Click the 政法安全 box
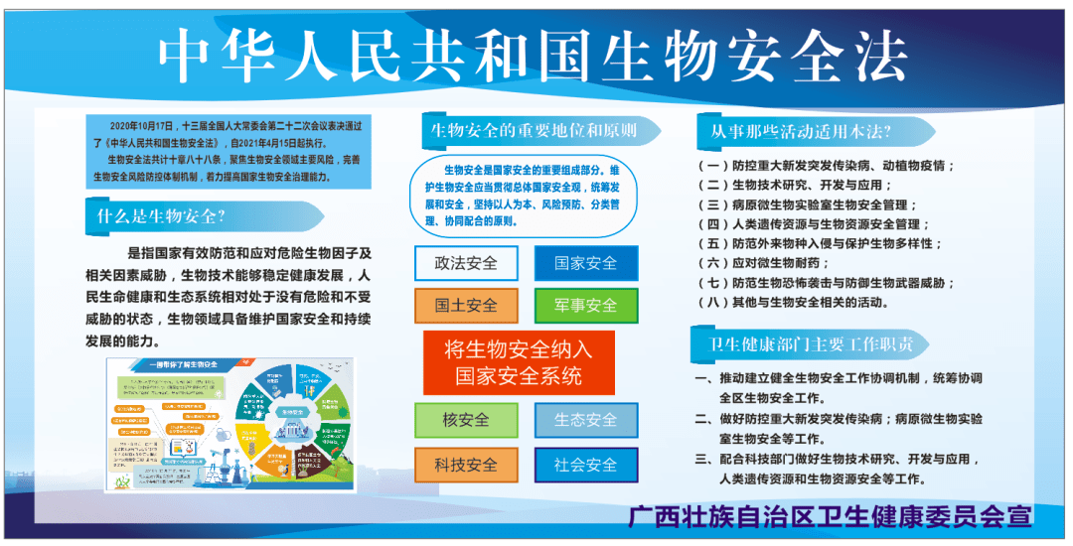coord(466,263)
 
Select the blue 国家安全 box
coord(585,263)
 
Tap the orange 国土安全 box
coord(466,306)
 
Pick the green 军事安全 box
coord(585,306)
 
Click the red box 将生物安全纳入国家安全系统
coord(519,362)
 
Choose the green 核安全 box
coord(466,420)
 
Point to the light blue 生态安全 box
coord(585,420)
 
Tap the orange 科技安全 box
coord(466,465)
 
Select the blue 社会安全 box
coord(585,465)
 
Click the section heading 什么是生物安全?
coord(161,216)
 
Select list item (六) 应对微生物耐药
coord(765,263)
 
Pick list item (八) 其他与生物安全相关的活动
coord(795,302)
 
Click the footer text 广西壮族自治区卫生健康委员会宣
coord(831,516)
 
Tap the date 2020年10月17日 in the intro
coord(141,127)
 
